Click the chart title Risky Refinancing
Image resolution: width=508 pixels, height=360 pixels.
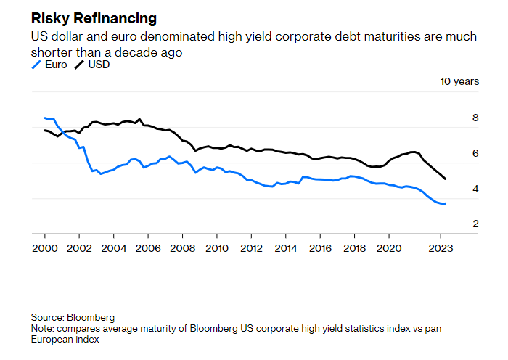pyautogui.click(x=93, y=18)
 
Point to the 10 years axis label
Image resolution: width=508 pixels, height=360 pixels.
pyautogui.click(x=459, y=81)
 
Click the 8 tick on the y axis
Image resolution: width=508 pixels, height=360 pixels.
pyautogui.click(x=475, y=118)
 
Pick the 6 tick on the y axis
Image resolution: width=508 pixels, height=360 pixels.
pyautogui.click(x=475, y=153)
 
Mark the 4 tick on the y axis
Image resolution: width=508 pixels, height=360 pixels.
pyautogui.click(x=475, y=189)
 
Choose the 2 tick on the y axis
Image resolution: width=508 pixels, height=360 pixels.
pyautogui.click(x=475, y=224)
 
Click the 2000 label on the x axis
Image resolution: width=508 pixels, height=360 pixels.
pyautogui.click(x=44, y=247)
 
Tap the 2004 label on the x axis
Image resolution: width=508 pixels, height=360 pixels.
pyautogui.click(x=113, y=247)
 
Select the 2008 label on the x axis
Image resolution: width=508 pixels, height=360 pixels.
pyautogui.click(x=182, y=247)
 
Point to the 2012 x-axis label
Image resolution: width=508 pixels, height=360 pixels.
pyautogui.click(x=251, y=247)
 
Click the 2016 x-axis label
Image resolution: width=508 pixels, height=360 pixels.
pyautogui.click(x=320, y=247)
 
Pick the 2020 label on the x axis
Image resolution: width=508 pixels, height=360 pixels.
pyautogui.click(x=389, y=247)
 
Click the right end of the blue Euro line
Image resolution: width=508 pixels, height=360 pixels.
pyautogui.click(x=445, y=204)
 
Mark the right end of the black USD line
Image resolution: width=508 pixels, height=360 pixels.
pyautogui.click(x=445, y=179)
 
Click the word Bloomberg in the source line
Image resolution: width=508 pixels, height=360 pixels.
pyautogui.click(x=91, y=318)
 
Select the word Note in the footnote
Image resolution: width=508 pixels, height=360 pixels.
pyautogui.click(x=41, y=329)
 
